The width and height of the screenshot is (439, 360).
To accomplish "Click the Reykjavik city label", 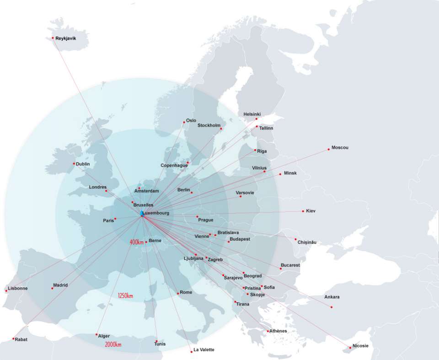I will tap(65, 38).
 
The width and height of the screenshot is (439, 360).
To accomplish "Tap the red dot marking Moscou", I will tap(328, 149).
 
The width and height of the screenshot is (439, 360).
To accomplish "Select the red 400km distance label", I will tap(137, 242).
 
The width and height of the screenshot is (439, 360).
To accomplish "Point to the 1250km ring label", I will tap(125, 296).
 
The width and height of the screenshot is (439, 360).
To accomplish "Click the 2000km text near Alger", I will tap(113, 344).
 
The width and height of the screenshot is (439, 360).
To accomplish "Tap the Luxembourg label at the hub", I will tap(156, 213).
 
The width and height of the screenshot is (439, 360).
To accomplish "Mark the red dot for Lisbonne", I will tap(6, 291).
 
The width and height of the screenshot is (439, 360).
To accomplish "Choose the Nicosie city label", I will tap(360, 345).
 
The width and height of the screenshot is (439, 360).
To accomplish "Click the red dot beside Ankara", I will tap(332, 307).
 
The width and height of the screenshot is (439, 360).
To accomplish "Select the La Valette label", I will tap(203, 349).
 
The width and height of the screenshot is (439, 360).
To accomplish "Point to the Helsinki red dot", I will tap(257, 119).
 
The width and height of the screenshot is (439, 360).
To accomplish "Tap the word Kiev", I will tap(311, 211).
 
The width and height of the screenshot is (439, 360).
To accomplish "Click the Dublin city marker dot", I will tap(74, 163).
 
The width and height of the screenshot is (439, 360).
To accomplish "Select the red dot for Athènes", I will tap(268, 331).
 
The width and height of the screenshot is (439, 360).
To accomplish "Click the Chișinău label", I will tap(307, 242).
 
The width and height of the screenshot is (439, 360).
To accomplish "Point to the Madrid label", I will tap(60, 285).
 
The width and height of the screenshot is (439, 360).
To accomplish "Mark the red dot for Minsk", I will tap(280, 174).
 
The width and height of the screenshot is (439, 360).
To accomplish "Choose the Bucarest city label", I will tap(290, 265).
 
